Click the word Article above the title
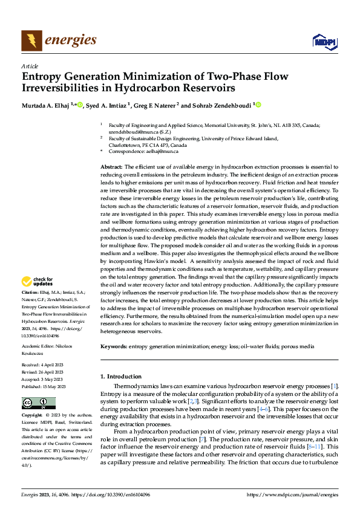(30, 66)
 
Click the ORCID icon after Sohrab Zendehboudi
(258, 105)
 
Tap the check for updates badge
(37, 281)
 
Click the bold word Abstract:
(111, 166)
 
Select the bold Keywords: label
(114, 346)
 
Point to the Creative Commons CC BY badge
(39, 403)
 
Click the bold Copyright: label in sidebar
(32, 416)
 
